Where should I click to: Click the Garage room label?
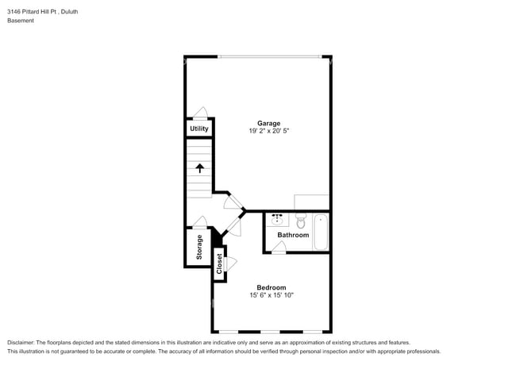point(268,123)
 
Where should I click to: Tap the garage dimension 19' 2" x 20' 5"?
point(268,131)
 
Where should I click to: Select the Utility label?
point(199,129)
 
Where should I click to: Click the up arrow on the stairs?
point(200,167)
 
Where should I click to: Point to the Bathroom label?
point(293,235)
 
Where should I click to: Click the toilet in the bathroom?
point(301,221)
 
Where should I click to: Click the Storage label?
point(199,248)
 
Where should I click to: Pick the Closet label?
point(219,264)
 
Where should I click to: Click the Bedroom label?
point(271,287)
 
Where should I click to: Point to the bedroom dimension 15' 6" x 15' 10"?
point(271,295)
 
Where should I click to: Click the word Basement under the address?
point(21,21)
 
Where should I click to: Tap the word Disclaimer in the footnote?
point(21,342)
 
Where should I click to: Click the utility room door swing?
point(200,113)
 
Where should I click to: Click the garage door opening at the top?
point(270,56)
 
